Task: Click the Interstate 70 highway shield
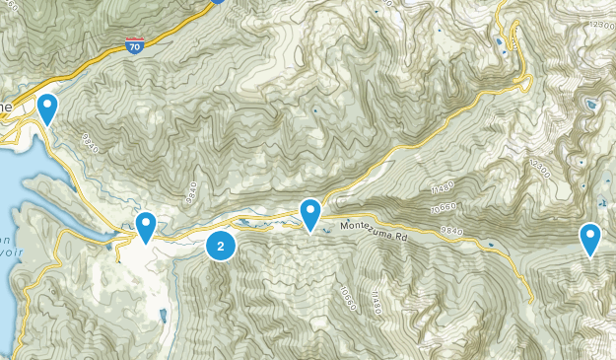point(135,44)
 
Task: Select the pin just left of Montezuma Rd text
point(311,214)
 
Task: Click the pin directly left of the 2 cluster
point(146,227)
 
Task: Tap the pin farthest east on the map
point(589,238)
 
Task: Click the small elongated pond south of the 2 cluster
point(162,317)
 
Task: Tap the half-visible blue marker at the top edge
point(218,2)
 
